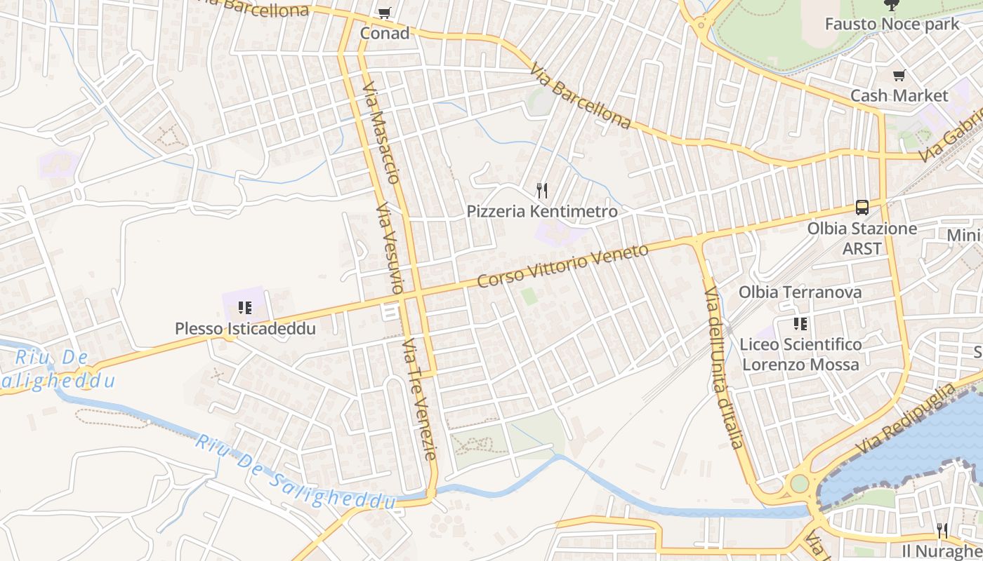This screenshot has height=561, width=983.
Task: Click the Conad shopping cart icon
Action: coord(383,13)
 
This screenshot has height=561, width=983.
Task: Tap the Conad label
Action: coord(384,33)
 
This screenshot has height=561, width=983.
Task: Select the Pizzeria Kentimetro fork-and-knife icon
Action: coord(541,190)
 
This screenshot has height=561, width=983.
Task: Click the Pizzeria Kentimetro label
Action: coord(542,211)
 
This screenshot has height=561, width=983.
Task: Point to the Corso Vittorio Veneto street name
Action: coord(562,266)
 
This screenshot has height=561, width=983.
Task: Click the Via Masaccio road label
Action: coord(381,134)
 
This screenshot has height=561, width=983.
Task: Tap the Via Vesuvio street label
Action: coord(390,248)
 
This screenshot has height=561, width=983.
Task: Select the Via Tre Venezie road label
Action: coord(420,400)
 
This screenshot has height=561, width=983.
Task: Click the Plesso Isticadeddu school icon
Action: coord(244,308)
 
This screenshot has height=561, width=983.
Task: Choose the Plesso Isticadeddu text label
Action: coord(245,328)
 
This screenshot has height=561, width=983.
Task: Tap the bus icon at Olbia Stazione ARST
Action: coord(862,207)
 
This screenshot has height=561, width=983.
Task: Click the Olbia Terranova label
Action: coord(800,292)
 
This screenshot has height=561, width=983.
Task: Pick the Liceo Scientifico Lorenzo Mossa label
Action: coord(800,354)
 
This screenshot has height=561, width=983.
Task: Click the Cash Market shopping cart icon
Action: coord(899,76)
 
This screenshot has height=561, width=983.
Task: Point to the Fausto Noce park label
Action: coord(892,24)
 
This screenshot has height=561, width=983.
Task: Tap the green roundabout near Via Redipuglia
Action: coord(799,483)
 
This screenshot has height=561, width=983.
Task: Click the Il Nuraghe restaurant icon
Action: coord(942,530)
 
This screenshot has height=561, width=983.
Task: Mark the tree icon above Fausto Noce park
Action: coord(891,5)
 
